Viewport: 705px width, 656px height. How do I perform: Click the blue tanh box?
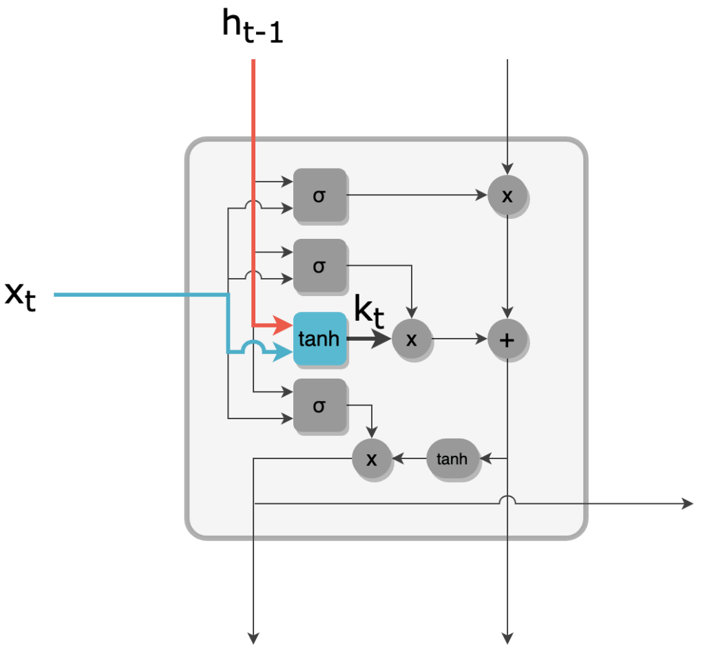pyautogui.click(x=319, y=339)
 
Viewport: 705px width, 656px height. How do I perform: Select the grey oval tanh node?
pyautogui.click(x=452, y=458)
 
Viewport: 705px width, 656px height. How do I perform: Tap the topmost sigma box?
pyautogui.click(x=319, y=195)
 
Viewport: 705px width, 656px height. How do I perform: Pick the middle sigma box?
pyautogui.click(x=319, y=266)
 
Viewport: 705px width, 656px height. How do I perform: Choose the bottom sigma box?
pyautogui.click(x=319, y=405)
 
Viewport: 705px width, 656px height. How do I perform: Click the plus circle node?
pyautogui.click(x=507, y=339)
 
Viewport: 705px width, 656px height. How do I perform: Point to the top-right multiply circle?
pyautogui.click(x=507, y=195)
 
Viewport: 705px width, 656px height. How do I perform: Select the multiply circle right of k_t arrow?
pyautogui.click(x=412, y=339)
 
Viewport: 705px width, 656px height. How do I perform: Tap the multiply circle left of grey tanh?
pyautogui.click(x=371, y=458)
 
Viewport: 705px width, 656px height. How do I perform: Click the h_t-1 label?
pyautogui.click(x=252, y=27)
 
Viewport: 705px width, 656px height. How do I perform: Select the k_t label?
pyautogui.click(x=369, y=311)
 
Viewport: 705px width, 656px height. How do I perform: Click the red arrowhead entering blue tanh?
pyautogui.click(x=283, y=325)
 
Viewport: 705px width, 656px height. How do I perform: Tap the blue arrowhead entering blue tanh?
pyautogui.click(x=283, y=352)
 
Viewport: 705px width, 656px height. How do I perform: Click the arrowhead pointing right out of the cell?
pyautogui.click(x=688, y=504)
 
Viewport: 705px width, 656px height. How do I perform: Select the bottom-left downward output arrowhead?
pyautogui.click(x=253, y=639)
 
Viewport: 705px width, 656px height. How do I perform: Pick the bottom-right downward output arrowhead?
pyautogui.click(x=507, y=639)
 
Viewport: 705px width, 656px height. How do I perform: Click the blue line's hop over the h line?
pyautogui.click(x=253, y=346)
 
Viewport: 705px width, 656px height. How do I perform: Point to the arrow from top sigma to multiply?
pyautogui.click(x=417, y=195)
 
